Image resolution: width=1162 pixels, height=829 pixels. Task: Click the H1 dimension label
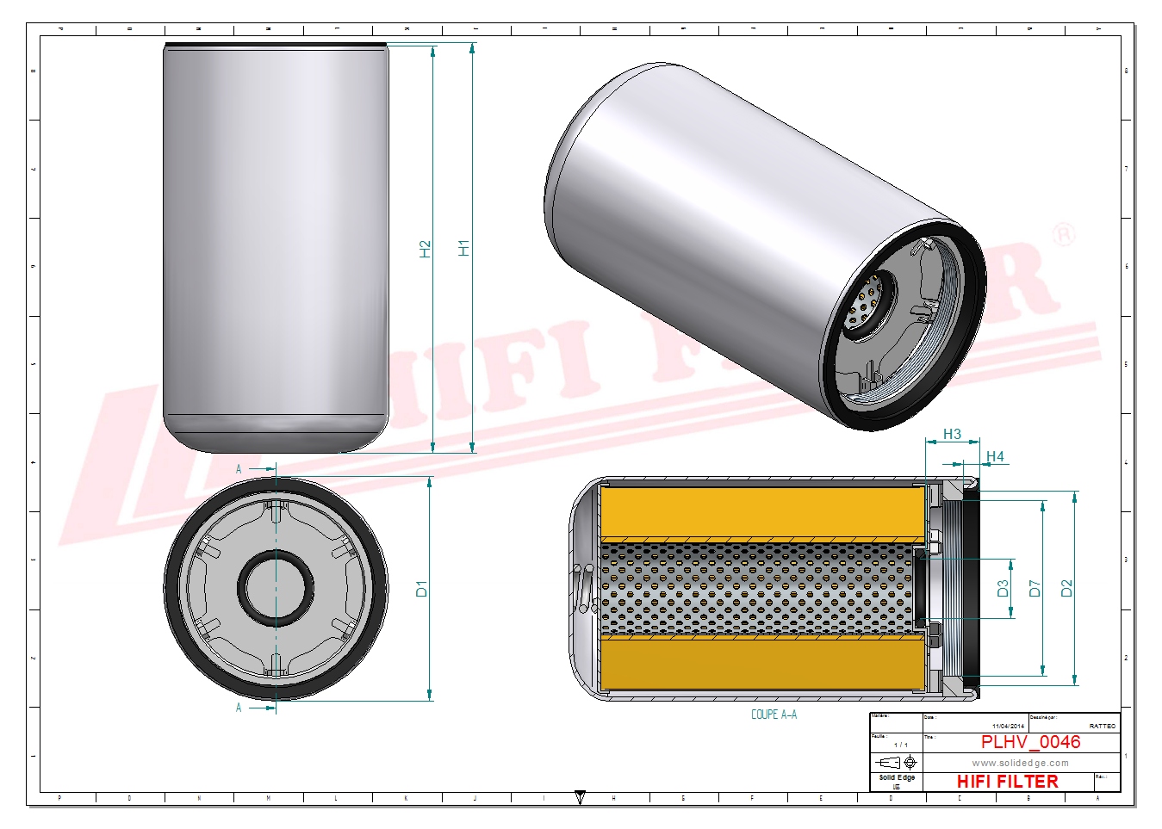pos(464,248)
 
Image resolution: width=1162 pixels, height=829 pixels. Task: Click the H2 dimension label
pos(425,249)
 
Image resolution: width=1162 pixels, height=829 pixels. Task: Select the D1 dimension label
pos(421,589)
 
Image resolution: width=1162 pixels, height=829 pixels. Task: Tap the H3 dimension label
pos(952,434)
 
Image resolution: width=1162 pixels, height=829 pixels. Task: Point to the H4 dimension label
pos(995,456)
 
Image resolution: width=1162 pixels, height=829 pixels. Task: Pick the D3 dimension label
pos(1003,589)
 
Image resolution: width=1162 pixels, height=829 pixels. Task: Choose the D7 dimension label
pos(1035,589)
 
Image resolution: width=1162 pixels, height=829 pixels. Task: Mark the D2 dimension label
pos(1066,589)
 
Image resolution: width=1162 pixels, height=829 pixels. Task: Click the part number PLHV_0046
pos(1030,742)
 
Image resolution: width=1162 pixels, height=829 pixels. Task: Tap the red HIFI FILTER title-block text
pos(1007,782)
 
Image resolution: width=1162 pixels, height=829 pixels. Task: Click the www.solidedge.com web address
pos(1020,763)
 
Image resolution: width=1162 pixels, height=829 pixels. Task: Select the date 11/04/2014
pos(1008,727)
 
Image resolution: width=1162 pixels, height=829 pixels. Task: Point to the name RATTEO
pos(1102,727)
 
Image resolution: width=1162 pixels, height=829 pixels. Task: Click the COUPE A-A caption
pos(774,715)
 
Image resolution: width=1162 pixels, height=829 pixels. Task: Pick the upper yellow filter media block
pos(762,513)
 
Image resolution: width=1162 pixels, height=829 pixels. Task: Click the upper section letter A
pos(239,469)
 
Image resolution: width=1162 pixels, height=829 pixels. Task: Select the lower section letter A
pos(239,708)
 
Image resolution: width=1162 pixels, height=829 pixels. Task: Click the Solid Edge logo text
pos(897,777)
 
